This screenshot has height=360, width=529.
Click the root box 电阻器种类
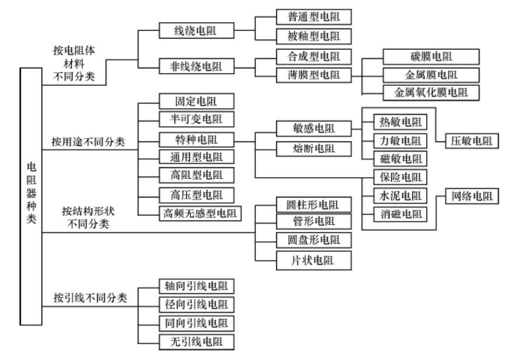click(x=31, y=196)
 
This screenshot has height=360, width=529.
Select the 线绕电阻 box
click(x=196, y=30)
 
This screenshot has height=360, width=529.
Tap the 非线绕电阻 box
click(x=196, y=67)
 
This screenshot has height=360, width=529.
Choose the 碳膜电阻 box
click(x=431, y=57)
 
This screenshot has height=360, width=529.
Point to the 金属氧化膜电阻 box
click(x=431, y=92)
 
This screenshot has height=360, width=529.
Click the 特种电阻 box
click(x=196, y=140)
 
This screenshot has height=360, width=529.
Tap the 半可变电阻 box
click(x=196, y=120)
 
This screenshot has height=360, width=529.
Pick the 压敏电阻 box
click(x=471, y=141)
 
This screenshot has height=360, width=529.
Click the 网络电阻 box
click(x=471, y=196)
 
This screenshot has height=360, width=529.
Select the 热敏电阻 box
click(x=400, y=122)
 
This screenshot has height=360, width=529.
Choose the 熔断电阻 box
click(x=314, y=148)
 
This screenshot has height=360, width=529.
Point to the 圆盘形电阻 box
click(x=314, y=240)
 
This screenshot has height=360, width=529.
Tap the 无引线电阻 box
click(x=196, y=341)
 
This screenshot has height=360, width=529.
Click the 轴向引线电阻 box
click(x=196, y=286)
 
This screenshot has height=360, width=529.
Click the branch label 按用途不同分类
click(x=88, y=141)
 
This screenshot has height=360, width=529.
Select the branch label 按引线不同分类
click(x=88, y=298)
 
